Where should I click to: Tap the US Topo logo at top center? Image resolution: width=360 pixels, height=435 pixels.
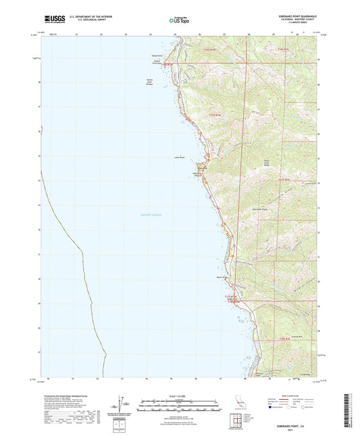(179, 20)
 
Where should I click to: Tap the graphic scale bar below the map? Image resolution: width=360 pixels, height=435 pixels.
(178, 405)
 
